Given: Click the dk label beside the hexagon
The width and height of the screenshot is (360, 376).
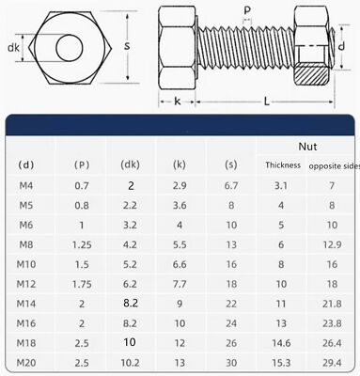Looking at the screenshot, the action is (13, 48).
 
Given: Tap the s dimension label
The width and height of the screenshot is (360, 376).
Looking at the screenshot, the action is (127, 46).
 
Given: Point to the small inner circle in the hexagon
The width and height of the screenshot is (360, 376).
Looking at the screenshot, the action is (70, 48).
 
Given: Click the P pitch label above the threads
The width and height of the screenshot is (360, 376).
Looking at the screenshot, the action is (247, 10).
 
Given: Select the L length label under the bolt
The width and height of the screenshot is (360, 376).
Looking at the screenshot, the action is (266, 102).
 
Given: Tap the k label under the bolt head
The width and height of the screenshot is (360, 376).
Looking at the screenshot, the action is (178, 101).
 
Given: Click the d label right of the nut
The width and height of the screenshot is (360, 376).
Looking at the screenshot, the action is (342, 46).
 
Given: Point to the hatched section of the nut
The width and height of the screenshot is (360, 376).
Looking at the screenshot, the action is (311, 74).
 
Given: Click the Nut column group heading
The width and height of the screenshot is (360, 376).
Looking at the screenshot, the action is (307, 147).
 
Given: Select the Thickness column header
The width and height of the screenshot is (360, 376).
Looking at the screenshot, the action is (283, 165).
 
